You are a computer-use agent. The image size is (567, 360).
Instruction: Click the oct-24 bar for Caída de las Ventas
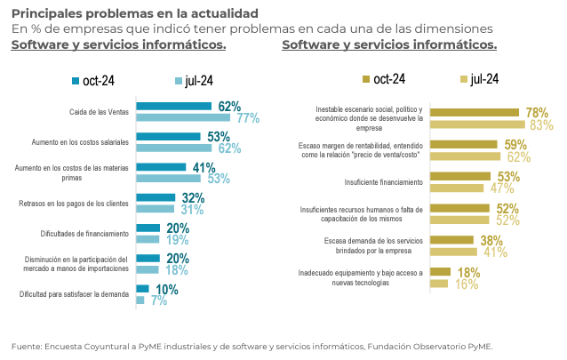coord(173,107)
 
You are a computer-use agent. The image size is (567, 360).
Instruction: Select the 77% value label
coord(247,118)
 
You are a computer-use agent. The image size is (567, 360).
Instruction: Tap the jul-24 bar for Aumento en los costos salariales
coord(176,148)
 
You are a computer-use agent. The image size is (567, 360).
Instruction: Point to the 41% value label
coord(204,167)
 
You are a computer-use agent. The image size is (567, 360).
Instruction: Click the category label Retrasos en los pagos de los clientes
coord(75,204)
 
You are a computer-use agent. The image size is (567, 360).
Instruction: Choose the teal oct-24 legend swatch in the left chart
coord(76,81)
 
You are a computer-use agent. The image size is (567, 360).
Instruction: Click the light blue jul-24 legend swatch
coord(178,81)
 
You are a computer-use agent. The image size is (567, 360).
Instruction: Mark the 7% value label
coord(158,301)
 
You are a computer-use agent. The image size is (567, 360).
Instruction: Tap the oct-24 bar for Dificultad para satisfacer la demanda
coord(142,290)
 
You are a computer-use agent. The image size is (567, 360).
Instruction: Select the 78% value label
coord(537,113)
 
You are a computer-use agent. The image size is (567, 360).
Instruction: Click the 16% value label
coord(467,284)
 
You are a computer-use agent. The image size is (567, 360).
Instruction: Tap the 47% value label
coord(502,188)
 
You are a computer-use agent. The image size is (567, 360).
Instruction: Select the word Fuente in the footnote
coord(28,345)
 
